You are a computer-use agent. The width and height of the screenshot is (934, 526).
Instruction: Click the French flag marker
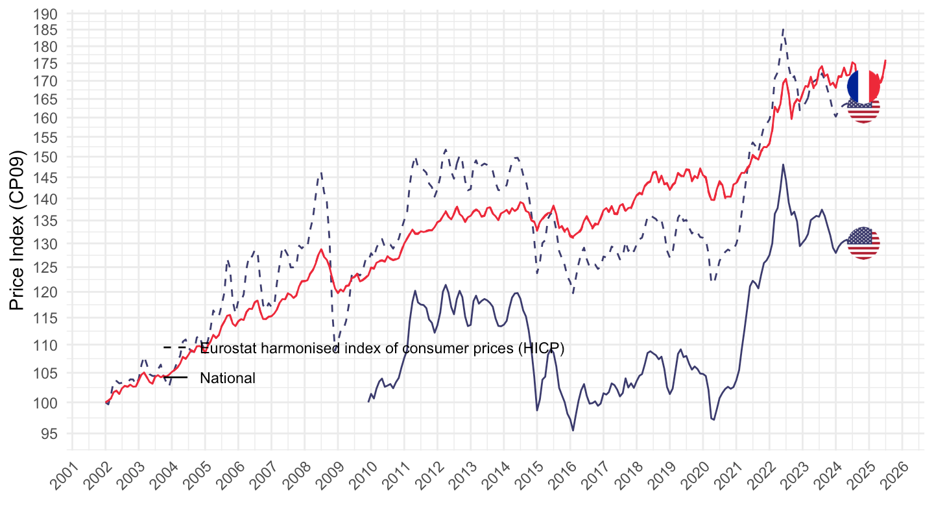pyautogui.click(x=863, y=86)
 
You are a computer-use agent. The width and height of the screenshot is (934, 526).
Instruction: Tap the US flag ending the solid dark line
pyautogui.click(x=863, y=244)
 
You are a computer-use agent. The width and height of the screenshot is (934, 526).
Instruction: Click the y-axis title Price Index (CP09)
pyautogui.click(x=19, y=231)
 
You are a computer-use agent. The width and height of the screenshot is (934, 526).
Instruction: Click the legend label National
pyautogui.click(x=228, y=378)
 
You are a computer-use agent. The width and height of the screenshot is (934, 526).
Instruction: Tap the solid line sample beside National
pyautogui.click(x=175, y=377)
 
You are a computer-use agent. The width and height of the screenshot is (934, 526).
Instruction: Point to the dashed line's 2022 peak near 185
pyautogui.click(x=784, y=29)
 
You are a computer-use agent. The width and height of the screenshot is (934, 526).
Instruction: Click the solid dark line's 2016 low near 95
pyautogui.click(x=573, y=430)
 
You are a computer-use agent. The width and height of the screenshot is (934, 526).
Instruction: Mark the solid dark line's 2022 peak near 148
pyautogui.click(x=784, y=164)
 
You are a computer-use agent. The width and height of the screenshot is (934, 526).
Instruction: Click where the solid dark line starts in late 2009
pyautogui.click(x=368, y=402)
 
